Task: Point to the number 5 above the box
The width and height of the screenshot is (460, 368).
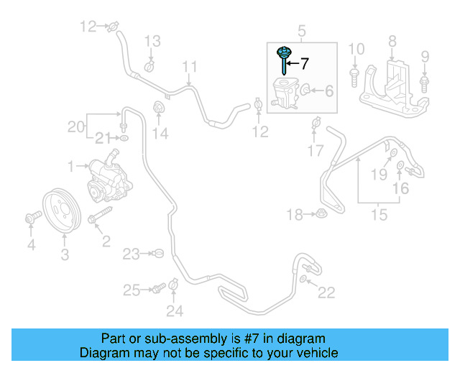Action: click(x=302, y=31)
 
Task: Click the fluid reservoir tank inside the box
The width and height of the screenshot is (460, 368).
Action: click(x=284, y=94)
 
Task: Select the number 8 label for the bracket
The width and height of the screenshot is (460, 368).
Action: click(x=392, y=41)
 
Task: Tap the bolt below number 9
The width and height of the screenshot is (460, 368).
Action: click(x=424, y=85)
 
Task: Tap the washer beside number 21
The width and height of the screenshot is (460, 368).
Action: click(x=124, y=137)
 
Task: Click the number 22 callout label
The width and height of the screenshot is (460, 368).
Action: click(x=326, y=292)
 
